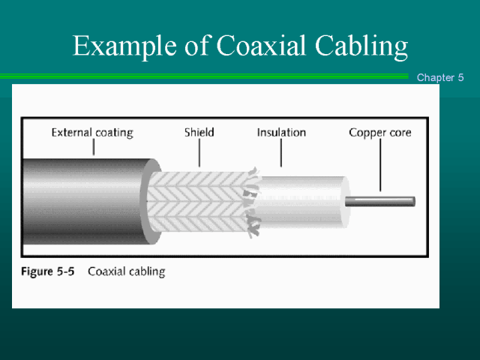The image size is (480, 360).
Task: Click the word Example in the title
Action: tap(124, 46)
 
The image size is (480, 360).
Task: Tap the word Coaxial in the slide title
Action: tap(261, 45)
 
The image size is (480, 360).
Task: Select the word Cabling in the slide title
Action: tap(361, 46)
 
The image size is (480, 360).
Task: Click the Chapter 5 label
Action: tap(440, 77)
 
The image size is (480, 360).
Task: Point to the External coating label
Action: tap(92, 133)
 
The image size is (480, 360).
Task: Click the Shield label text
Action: tap(199, 132)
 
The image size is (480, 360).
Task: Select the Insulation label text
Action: tap(281, 132)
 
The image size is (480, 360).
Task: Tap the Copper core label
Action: tap(380, 133)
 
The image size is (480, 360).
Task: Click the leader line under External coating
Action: tap(94, 147)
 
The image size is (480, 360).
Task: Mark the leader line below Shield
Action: tap(199, 153)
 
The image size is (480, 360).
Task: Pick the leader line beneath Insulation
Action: tap(281, 153)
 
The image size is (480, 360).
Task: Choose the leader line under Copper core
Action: tap(380, 165)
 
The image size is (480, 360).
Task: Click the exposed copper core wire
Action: tap(380, 202)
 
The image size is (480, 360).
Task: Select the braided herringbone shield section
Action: tap(198, 202)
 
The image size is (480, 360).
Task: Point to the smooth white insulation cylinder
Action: tap(303, 202)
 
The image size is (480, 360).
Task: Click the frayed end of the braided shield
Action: tap(253, 202)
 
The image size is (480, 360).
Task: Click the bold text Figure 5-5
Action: tap(48, 271)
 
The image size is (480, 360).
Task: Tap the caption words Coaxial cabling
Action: tap(127, 271)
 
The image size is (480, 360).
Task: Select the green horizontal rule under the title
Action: tap(204, 76)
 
